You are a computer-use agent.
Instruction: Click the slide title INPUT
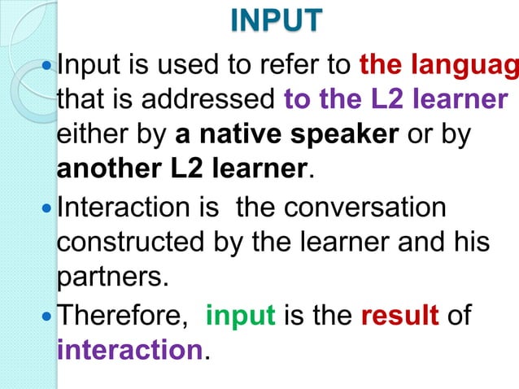tap(276, 22)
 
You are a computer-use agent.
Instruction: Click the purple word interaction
tap(128, 351)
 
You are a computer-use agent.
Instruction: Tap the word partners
tap(112, 279)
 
